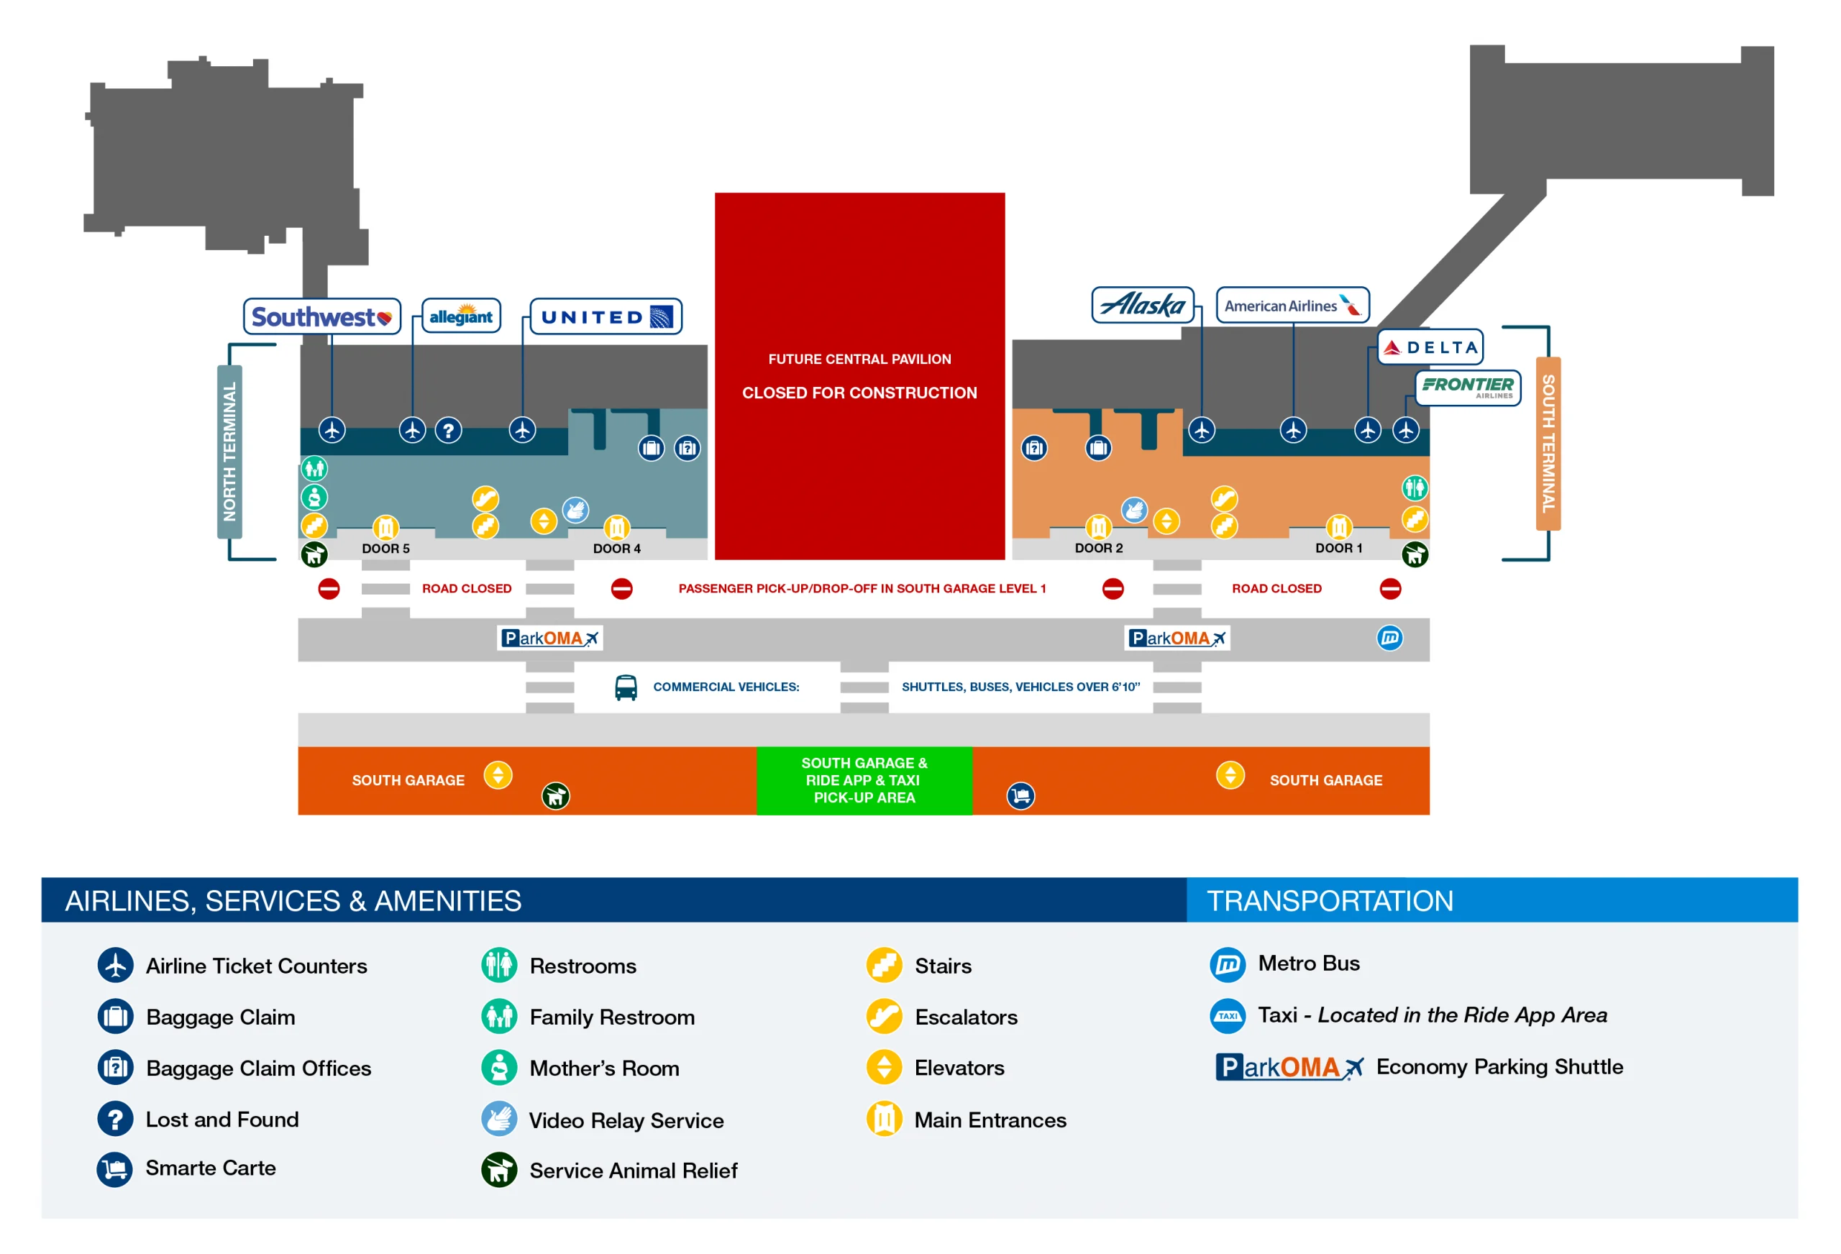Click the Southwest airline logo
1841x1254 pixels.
pyautogui.click(x=321, y=317)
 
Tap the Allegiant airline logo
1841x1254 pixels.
pyautogui.click(x=461, y=316)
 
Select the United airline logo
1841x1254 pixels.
pyautogui.click(x=606, y=317)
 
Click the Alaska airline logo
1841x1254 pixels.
pyautogui.click(x=1142, y=305)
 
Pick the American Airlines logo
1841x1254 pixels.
pyautogui.click(x=1292, y=306)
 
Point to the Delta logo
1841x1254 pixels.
pyautogui.click(x=1430, y=347)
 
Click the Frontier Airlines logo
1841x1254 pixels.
pyautogui.click(x=1467, y=388)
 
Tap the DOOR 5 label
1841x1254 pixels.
pyautogui.click(x=385, y=548)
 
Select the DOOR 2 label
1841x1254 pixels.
pyautogui.click(x=1098, y=547)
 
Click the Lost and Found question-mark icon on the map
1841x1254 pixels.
pyautogui.click(x=448, y=430)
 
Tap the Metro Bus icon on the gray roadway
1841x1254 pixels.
pyautogui.click(x=1389, y=638)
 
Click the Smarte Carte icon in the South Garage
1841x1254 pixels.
pyautogui.click(x=1020, y=795)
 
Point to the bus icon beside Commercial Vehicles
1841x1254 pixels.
pyautogui.click(x=626, y=687)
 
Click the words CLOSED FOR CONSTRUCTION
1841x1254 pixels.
pyautogui.click(x=859, y=393)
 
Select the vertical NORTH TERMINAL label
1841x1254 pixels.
pyautogui.click(x=229, y=452)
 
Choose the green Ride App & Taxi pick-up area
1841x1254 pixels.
pyautogui.click(x=864, y=780)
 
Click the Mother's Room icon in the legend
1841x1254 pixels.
pyautogui.click(x=499, y=1068)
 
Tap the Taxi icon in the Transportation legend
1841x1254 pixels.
pyautogui.click(x=1227, y=1015)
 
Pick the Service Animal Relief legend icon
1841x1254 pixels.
pyautogui.click(x=499, y=1170)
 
